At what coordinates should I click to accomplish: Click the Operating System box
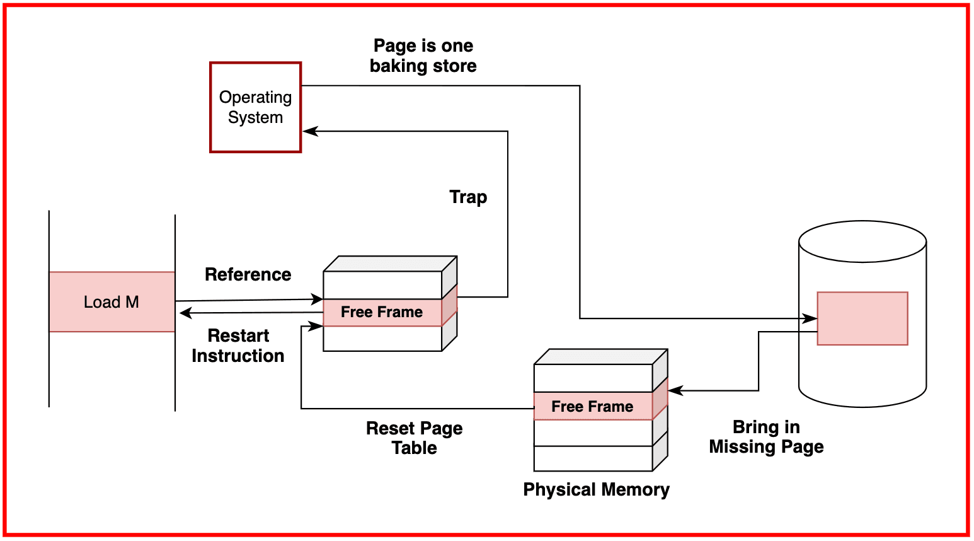(255, 107)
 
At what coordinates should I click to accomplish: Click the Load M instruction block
(112, 302)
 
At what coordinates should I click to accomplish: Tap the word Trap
(468, 197)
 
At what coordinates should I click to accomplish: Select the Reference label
(248, 274)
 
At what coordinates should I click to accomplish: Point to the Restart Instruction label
(238, 346)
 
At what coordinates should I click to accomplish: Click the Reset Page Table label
(414, 438)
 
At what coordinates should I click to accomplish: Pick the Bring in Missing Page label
(766, 437)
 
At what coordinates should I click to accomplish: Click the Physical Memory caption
(596, 489)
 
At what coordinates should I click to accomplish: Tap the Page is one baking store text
(423, 55)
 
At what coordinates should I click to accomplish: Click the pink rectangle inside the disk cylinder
(862, 318)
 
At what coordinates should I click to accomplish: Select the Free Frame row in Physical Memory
(592, 406)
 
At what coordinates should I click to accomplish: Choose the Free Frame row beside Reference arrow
(382, 312)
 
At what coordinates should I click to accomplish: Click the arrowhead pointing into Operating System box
(309, 131)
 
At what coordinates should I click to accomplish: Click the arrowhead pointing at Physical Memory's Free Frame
(675, 391)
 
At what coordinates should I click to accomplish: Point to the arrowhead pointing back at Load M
(185, 313)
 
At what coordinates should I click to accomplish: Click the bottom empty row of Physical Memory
(592, 458)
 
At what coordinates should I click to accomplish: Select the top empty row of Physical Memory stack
(592, 378)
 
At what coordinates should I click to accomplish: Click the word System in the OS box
(255, 118)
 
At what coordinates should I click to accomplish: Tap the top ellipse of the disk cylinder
(862, 241)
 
